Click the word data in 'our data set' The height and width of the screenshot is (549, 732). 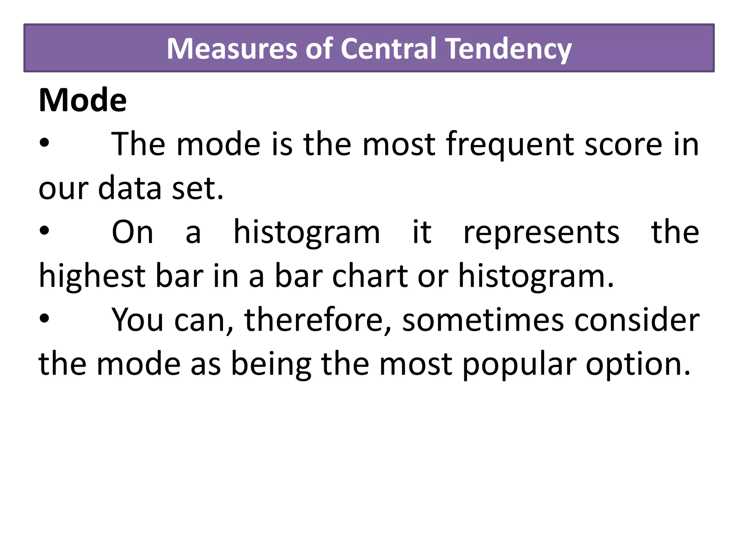130,188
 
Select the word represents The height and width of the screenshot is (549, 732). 541,232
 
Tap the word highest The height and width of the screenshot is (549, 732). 92,276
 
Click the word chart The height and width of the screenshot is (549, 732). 370,276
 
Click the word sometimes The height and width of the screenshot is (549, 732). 483,320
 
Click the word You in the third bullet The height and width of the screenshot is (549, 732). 138,320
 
